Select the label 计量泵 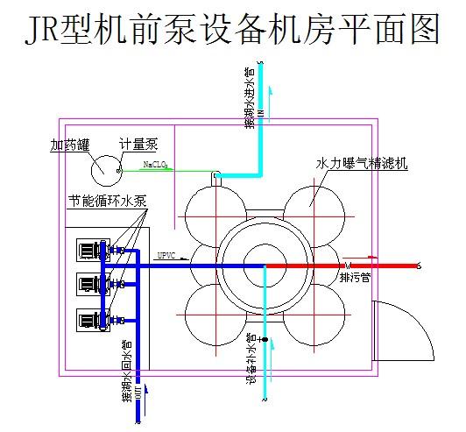tap(138, 144)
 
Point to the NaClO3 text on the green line tap(157, 164)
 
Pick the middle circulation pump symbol tap(90, 283)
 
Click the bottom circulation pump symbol tap(90, 318)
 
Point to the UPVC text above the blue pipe tap(166, 257)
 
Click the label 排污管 tap(356, 278)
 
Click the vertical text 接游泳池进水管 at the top tap(250, 96)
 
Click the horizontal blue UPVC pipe tap(175, 265)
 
